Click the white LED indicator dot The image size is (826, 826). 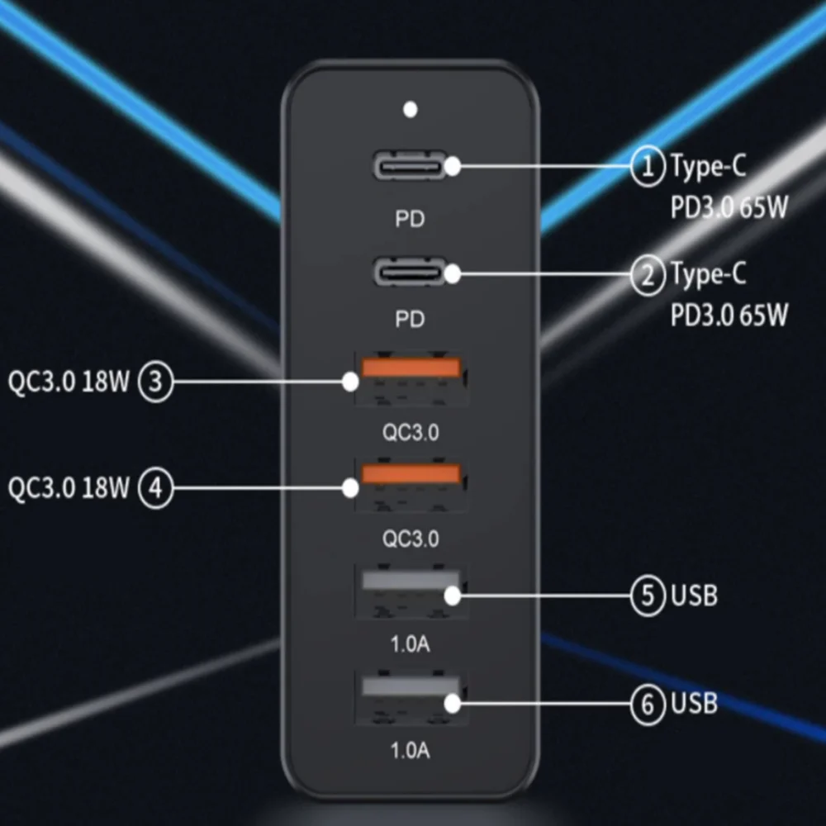tap(410, 109)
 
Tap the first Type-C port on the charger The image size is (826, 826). tap(410, 166)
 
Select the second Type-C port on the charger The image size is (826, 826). tap(410, 272)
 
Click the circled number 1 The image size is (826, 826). tap(648, 167)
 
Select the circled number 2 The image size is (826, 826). tap(648, 274)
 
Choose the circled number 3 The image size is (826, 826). tap(155, 382)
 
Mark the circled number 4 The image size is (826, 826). tap(155, 488)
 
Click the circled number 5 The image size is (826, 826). tap(648, 596)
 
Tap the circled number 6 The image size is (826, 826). tap(648, 704)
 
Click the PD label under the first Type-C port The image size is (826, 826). tap(410, 220)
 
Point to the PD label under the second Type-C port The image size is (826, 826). tap(410, 320)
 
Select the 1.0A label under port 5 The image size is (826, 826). tap(410, 643)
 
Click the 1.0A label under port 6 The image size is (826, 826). tap(410, 750)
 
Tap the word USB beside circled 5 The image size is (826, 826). tap(694, 595)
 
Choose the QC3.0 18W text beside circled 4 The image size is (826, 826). tap(69, 488)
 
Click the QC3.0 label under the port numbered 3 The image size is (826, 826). tap(411, 433)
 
